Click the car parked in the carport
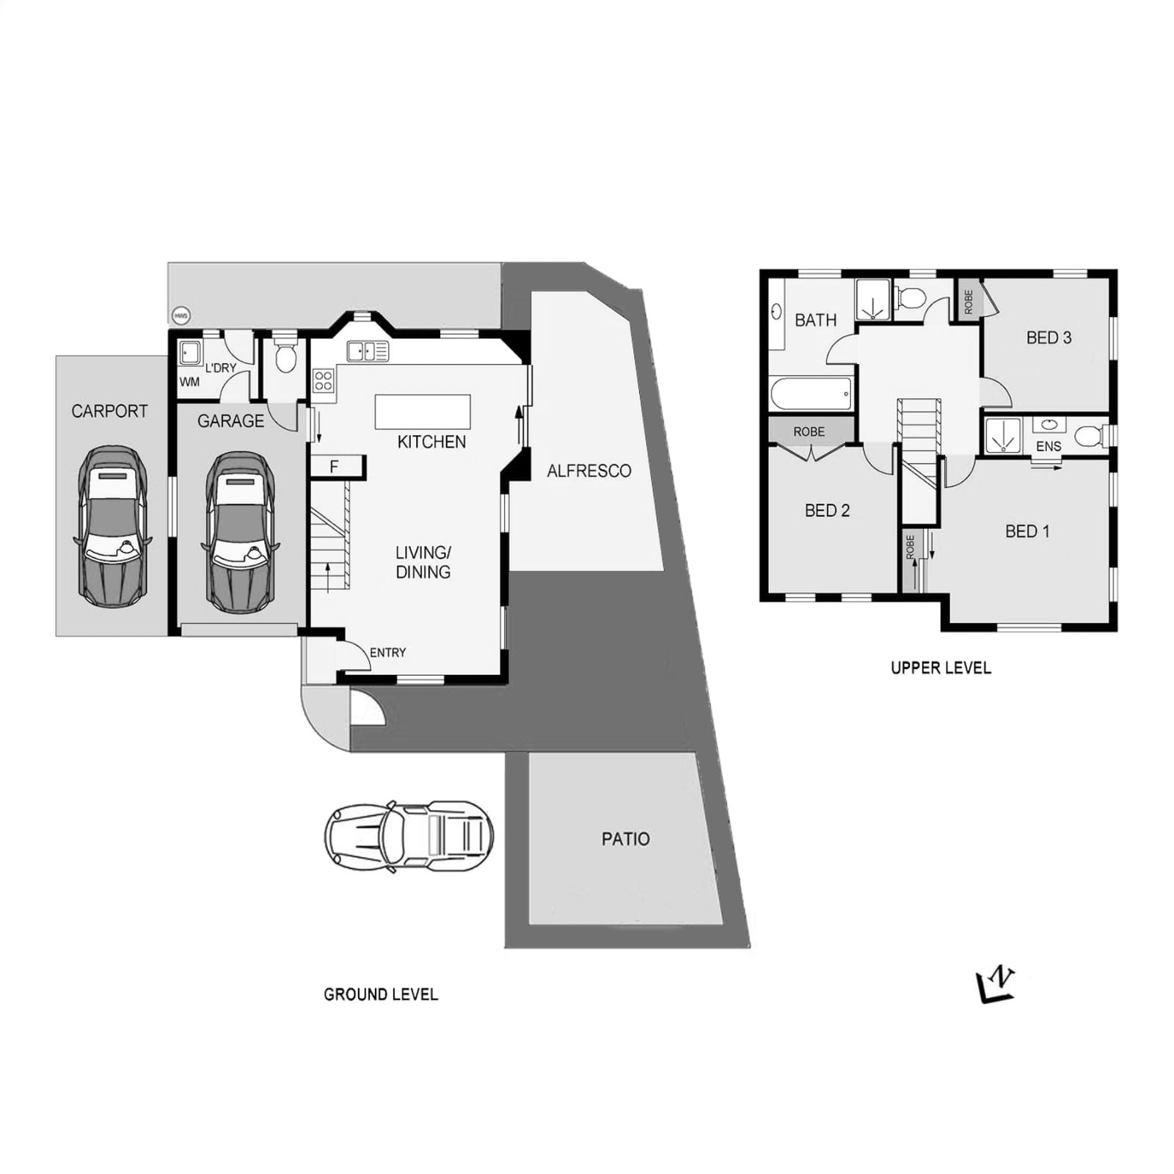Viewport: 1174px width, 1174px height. (x=112, y=526)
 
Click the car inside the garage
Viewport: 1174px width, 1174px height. (x=240, y=532)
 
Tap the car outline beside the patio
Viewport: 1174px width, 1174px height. (x=409, y=836)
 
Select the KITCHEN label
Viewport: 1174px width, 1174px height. (x=431, y=442)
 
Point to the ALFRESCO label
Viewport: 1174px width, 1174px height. (x=589, y=471)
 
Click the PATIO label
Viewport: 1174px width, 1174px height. (x=626, y=839)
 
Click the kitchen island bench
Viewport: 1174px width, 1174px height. (x=423, y=412)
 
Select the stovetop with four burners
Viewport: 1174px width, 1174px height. (x=324, y=381)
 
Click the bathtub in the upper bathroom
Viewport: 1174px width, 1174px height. (x=811, y=394)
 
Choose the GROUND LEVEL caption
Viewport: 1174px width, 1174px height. (x=381, y=994)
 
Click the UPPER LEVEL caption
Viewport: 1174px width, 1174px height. (x=941, y=668)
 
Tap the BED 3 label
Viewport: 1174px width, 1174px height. (x=1049, y=338)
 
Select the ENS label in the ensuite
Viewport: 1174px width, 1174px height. (x=1049, y=446)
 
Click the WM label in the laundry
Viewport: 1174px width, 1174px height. (x=189, y=382)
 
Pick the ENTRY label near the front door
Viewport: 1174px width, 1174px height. (x=387, y=652)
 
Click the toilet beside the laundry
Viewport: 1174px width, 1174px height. (x=285, y=354)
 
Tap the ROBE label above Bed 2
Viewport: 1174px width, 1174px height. (x=809, y=431)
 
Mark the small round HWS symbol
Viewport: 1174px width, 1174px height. (x=181, y=316)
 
